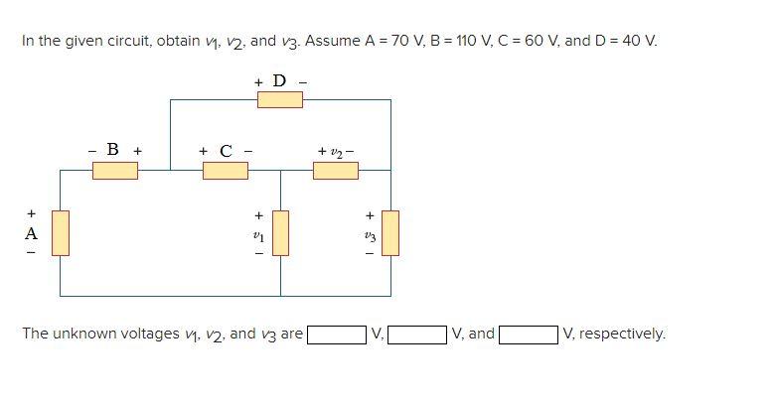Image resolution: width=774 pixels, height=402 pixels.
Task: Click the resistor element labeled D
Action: pyautogui.click(x=280, y=99)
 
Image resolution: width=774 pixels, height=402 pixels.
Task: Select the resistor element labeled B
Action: pyautogui.click(x=115, y=170)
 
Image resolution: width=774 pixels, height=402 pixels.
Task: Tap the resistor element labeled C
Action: pyautogui.click(x=226, y=170)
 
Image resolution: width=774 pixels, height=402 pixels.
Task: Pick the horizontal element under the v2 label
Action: pyautogui.click(x=336, y=170)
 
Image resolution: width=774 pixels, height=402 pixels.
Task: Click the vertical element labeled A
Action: pyautogui.click(x=61, y=232)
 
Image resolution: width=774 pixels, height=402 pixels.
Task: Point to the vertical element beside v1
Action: pyautogui.click(x=280, y=232)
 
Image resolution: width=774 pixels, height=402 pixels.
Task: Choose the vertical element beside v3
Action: pyautogui.click(x=390, y=232)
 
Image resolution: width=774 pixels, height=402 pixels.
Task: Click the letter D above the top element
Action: pyautogui.click(x=279, y=80)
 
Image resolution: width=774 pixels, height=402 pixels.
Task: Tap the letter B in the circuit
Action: pyautogui.click(x=113, y=150)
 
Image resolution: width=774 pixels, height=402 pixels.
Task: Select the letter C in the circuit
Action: pyautogui.click(x=226, y=151)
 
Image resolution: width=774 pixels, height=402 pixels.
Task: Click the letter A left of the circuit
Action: pyautogui.click(x=31, y=234)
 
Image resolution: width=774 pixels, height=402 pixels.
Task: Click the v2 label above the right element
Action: pyautogui.click(x=336, y=151)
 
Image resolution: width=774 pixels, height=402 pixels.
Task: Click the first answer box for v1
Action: pyautogui.click(x=337, y=335)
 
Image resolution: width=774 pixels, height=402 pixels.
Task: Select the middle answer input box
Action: pyautogui.click(x=417, y=335)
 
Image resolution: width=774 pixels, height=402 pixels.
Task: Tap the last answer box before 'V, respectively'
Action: pyautogui.click(x=529, y=335)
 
